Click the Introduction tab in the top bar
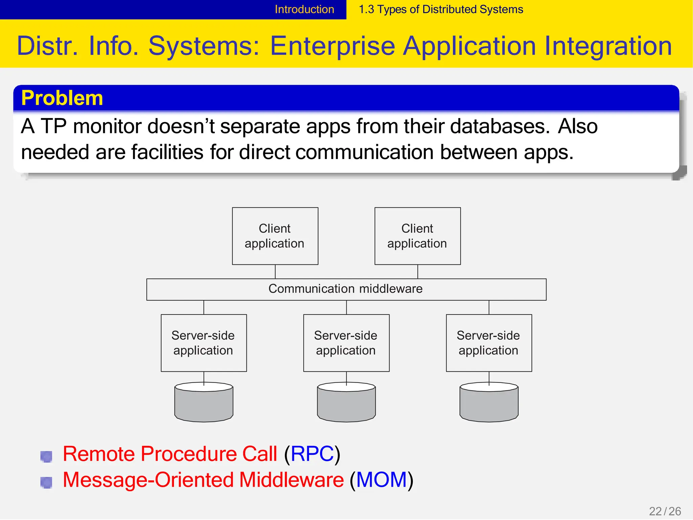tap(304, 9)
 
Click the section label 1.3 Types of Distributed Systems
tap(441, 9)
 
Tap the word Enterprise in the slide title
tap(332, 46)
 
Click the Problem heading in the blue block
tap(62, 98)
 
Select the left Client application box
tap(275, 236)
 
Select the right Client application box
tap(417, 236)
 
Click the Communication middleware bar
tap(346, 289)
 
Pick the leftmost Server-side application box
tap(203, 343)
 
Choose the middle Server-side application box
tap(346, 343)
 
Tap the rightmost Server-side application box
tap(489, 343)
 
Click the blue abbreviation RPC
tap(312, 454)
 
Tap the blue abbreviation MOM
tap(381, 480)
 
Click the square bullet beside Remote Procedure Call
tap(46, 456)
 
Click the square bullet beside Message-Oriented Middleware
tap(46, 482)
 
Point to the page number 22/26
tap(665, 511)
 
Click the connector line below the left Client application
tap(275, 272)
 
